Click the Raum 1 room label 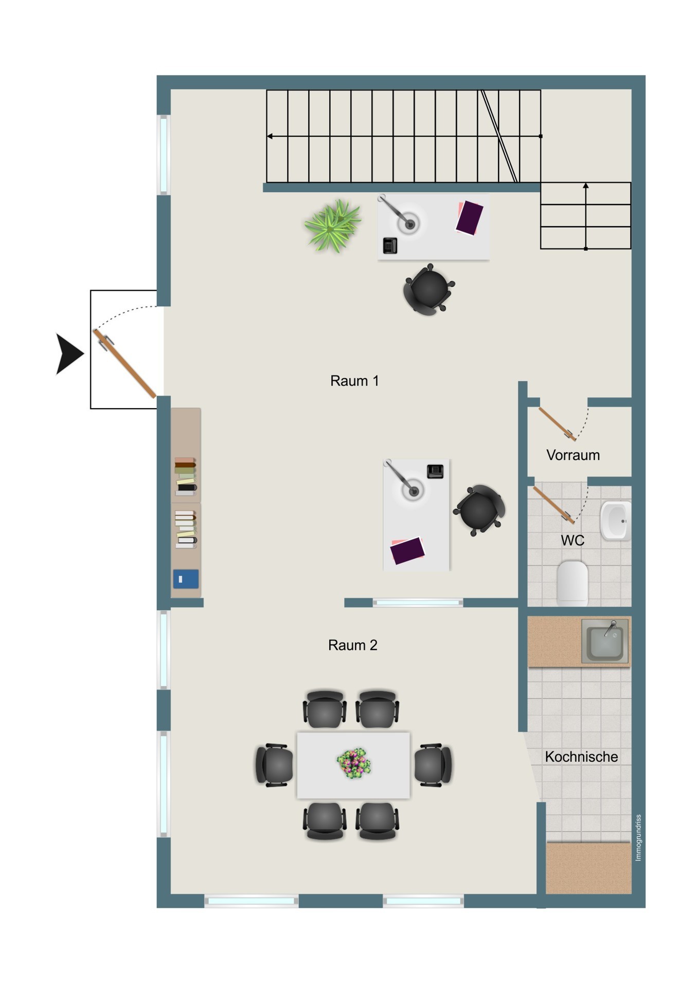click(354, 381)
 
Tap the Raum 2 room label click(353, 645)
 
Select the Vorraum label click(573, 455)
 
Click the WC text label click(572, 540)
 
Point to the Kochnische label click(581, 757)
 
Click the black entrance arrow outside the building click(68, 354)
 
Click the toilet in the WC click(572, 582)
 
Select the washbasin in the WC click(615, 521)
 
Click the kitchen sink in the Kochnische click(605, 641)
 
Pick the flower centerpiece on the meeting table click(354, 763)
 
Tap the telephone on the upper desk click(390, 246)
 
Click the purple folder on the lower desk click(407, 551)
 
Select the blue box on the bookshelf click(186, 579)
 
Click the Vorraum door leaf click(558, 424)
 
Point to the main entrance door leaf click(124, 364)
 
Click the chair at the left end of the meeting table click(274, 765)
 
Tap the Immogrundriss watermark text click(638, 837)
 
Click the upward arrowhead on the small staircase click(585, 186)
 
